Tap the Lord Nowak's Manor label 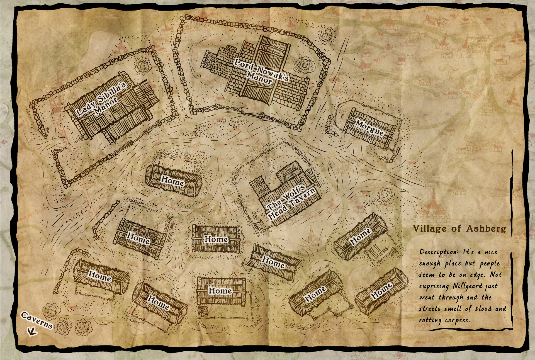point(261,71)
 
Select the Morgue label point(369,128)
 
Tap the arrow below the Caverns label point(32,331)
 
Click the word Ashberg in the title point(486,229)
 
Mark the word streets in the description point(431,309)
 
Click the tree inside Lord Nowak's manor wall point(305,65)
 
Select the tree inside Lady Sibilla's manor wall point(144,66)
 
